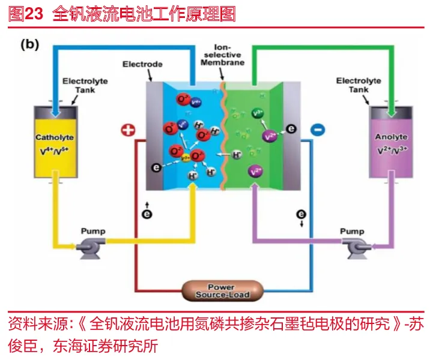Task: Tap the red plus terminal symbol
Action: tap(128, 130)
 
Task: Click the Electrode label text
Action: tap(142, 64)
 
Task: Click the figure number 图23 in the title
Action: tap(26, 14)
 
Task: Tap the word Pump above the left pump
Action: tap(92, 231)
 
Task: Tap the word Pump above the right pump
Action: tap(352, 231)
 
